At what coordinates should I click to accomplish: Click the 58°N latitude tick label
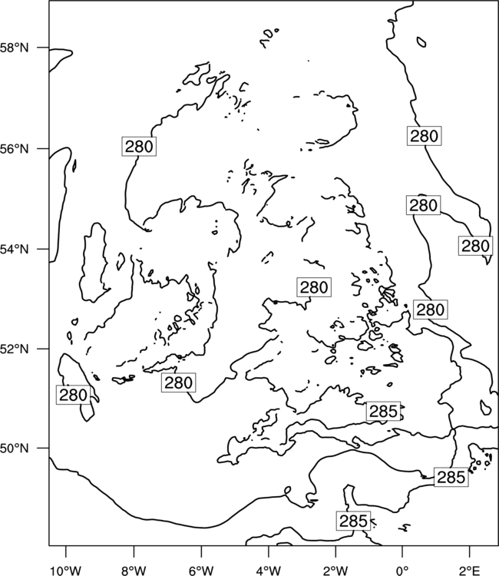15,48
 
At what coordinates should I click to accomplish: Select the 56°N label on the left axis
15,149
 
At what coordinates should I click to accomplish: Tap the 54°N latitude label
15,250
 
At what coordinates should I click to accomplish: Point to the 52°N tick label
15,349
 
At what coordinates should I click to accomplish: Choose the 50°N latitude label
15,449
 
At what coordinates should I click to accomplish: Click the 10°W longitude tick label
66,571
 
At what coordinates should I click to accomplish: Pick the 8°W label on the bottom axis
134,571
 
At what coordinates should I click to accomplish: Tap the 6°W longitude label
201,571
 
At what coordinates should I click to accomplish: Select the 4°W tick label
269,571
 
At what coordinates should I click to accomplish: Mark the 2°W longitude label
335,571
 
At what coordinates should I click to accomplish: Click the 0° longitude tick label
402,571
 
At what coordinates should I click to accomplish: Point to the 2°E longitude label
470,571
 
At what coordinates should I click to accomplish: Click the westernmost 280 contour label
74,396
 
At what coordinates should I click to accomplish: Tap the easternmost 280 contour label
475,246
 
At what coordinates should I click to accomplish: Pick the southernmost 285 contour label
353,521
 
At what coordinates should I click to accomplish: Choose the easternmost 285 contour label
451,477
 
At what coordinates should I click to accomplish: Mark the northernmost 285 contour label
383,412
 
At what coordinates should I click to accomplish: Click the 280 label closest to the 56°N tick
139,146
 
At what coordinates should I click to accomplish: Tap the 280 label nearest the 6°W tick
178,382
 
